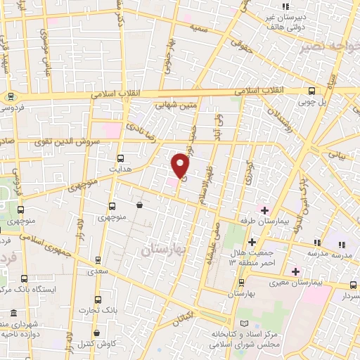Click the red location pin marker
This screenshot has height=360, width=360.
[181, 165]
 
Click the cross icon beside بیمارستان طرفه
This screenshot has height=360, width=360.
[264, 210]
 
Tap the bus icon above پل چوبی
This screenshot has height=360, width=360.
[313, 90]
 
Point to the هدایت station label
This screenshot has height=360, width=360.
[121, 169]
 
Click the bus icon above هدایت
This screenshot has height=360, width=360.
[121, 157]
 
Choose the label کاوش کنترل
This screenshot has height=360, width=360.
[95, 344]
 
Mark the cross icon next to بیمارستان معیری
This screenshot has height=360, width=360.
[295, 271]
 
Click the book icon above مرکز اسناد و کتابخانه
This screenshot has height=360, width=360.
[245, 323]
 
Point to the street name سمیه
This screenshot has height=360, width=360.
[198, 27]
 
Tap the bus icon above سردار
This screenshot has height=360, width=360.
[353, 285]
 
